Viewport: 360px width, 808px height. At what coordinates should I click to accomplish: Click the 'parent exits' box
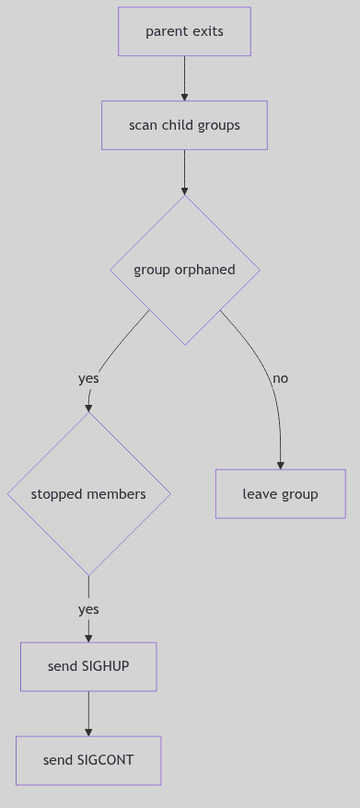point(184,31)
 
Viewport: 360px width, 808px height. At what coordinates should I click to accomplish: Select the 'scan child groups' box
point(184,125)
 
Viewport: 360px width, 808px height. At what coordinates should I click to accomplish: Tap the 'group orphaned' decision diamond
point(184,270)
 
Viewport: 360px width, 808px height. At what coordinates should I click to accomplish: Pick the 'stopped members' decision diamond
point(88,494)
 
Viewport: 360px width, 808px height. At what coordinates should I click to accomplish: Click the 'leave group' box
point(280,494)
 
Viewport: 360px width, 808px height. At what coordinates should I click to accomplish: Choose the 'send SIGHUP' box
point(88,666)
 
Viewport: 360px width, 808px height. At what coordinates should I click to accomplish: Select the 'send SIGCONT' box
point(88,760)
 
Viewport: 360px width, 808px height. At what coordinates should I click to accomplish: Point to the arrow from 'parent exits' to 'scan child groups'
point(184,78)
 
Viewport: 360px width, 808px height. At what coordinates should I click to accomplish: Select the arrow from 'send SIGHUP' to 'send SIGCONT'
point(88,713)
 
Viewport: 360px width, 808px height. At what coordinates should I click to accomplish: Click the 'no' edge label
point(281,378)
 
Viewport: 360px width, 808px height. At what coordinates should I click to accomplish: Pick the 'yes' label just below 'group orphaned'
point(88,378)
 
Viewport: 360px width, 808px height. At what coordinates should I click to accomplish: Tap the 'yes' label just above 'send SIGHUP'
point(88,609)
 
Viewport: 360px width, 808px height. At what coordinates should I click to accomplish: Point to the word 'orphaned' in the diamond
point(203,270)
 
